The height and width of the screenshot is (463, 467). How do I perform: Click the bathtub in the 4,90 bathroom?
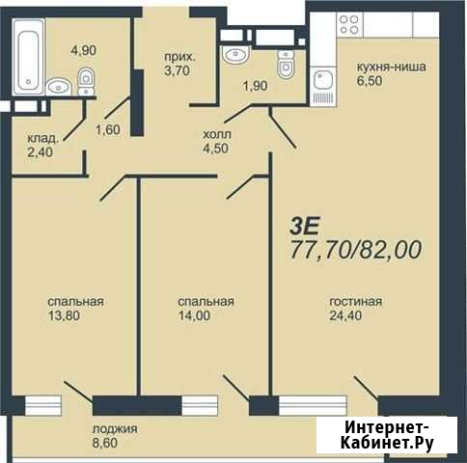(29, 57)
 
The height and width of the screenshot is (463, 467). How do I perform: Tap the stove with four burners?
(349, 25)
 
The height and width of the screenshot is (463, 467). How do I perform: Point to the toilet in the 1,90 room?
(286, 64)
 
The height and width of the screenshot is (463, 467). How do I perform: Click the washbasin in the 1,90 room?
(236, 55)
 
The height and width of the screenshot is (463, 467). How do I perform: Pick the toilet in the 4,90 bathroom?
(86, 81)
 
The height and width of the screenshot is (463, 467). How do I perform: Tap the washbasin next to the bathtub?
(59, 87)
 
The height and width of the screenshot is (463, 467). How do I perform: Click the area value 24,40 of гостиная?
(345, 315)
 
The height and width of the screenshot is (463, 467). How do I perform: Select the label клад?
(43, 139)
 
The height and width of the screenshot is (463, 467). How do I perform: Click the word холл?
(217, 135)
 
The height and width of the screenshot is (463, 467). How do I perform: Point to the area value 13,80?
(64, 315)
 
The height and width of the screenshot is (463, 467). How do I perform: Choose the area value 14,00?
(194, 315)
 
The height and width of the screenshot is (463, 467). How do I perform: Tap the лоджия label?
(115, 429)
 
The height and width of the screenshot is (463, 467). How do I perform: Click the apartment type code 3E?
(305, 226)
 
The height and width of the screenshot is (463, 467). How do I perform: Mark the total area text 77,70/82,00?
(356, 250)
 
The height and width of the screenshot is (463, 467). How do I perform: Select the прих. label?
(179, 57)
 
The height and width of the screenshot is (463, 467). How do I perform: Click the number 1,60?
(108, 129)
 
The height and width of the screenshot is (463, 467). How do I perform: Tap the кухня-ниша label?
(392, 67)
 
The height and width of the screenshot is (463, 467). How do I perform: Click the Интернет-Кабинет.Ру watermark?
(387, 436)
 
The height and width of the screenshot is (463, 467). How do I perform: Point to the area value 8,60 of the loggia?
(105, 443)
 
